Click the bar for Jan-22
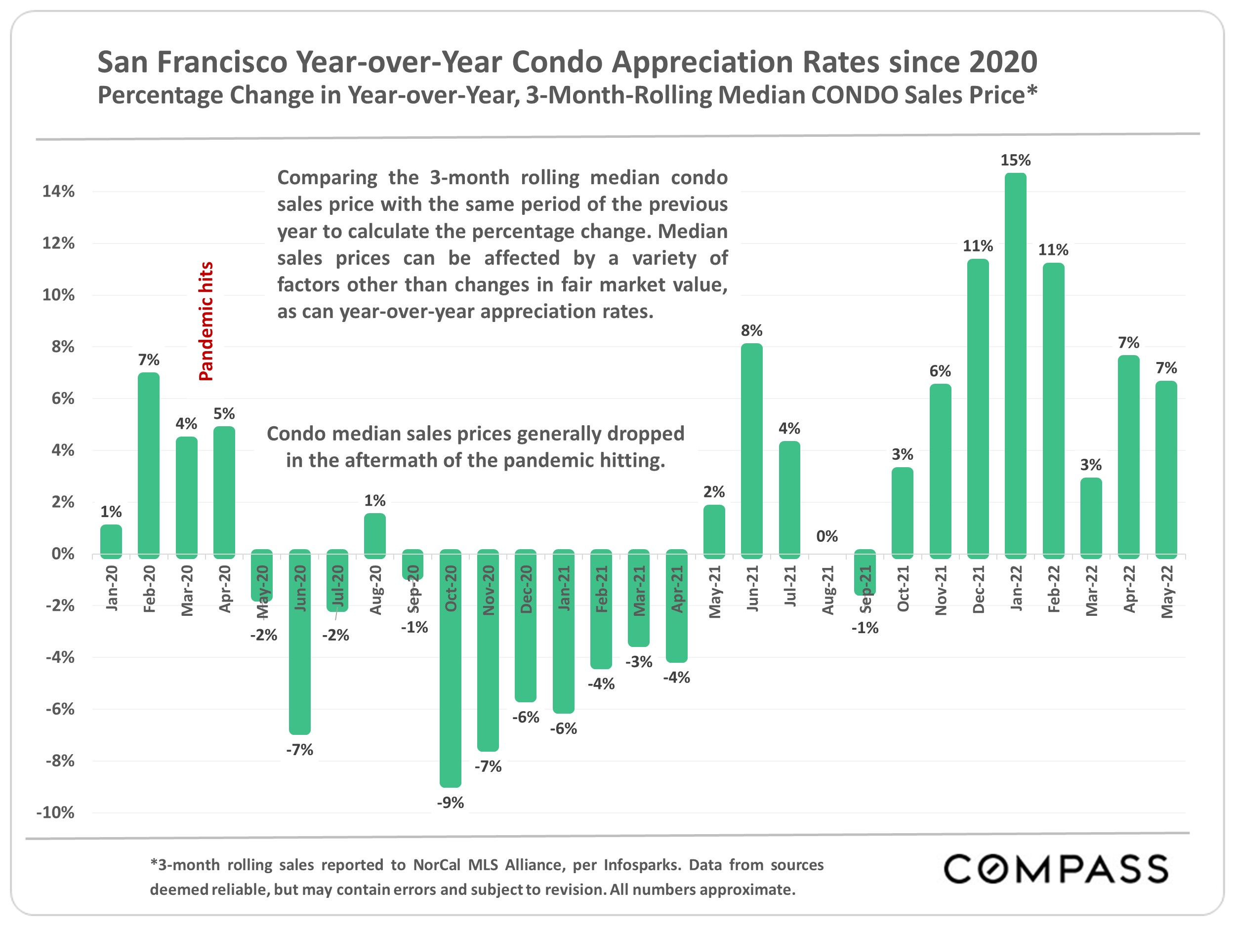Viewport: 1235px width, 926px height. [x=1015, y=365]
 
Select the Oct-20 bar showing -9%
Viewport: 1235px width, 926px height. [x=450, y=668]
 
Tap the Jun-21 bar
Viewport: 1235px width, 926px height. [x=751, y=450]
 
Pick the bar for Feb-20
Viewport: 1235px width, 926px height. [x=149, y=465]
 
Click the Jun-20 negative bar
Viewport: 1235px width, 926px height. [x=300, y=642]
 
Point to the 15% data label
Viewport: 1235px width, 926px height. [x=1015, y=160]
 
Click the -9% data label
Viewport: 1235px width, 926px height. [x=450, y=803]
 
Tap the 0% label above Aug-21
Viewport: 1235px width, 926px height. [x=827, y=536]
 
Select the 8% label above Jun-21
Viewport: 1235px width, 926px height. [x=751, y=330]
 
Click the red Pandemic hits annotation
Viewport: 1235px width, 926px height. [x=206, y=322]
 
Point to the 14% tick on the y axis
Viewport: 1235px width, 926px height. [x=59, y=192]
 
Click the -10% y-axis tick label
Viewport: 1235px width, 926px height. [x=55, y=812]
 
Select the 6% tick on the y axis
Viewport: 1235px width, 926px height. [x=63, y=399]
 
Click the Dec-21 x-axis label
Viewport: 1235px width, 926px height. [x=978, y=589]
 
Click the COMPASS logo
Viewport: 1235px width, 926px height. [x=1055, y=869]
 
